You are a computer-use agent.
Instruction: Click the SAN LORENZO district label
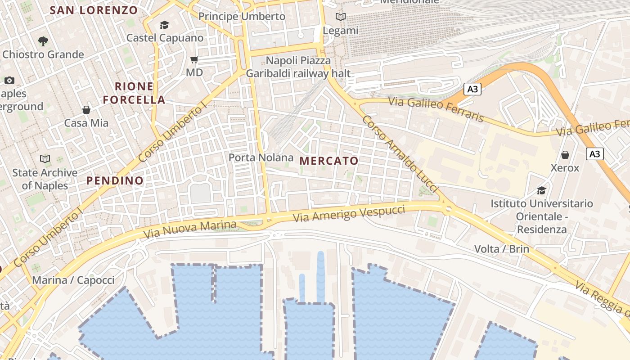click(94, 10)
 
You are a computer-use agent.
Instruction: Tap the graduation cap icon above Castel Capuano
click(164, 25)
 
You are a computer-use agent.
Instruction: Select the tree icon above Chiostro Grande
click(43, 41)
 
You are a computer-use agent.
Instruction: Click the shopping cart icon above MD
click(194, 59)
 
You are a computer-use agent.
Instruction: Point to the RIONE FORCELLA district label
click(134, 93)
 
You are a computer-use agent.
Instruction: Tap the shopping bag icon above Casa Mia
click(86, 110)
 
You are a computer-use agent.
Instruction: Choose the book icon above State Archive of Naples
click(45, 159)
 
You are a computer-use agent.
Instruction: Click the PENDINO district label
click(115, 181)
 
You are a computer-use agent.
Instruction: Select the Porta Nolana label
click(261, 157)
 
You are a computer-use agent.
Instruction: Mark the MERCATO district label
click(329, 161)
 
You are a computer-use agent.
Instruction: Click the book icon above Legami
click(341, 17)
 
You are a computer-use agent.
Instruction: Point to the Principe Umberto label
click(242, 17)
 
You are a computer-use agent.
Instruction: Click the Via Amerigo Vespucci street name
click(349, 213)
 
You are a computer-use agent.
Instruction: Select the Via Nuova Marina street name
click(189, 229)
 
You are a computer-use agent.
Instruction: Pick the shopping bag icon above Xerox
click(565, 155)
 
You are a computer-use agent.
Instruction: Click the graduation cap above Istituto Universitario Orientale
click(541, 190)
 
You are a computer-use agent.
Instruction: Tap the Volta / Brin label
click(501, 249)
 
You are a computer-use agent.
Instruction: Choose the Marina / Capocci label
click(73, 280)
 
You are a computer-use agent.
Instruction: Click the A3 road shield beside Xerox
click(595, 154)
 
